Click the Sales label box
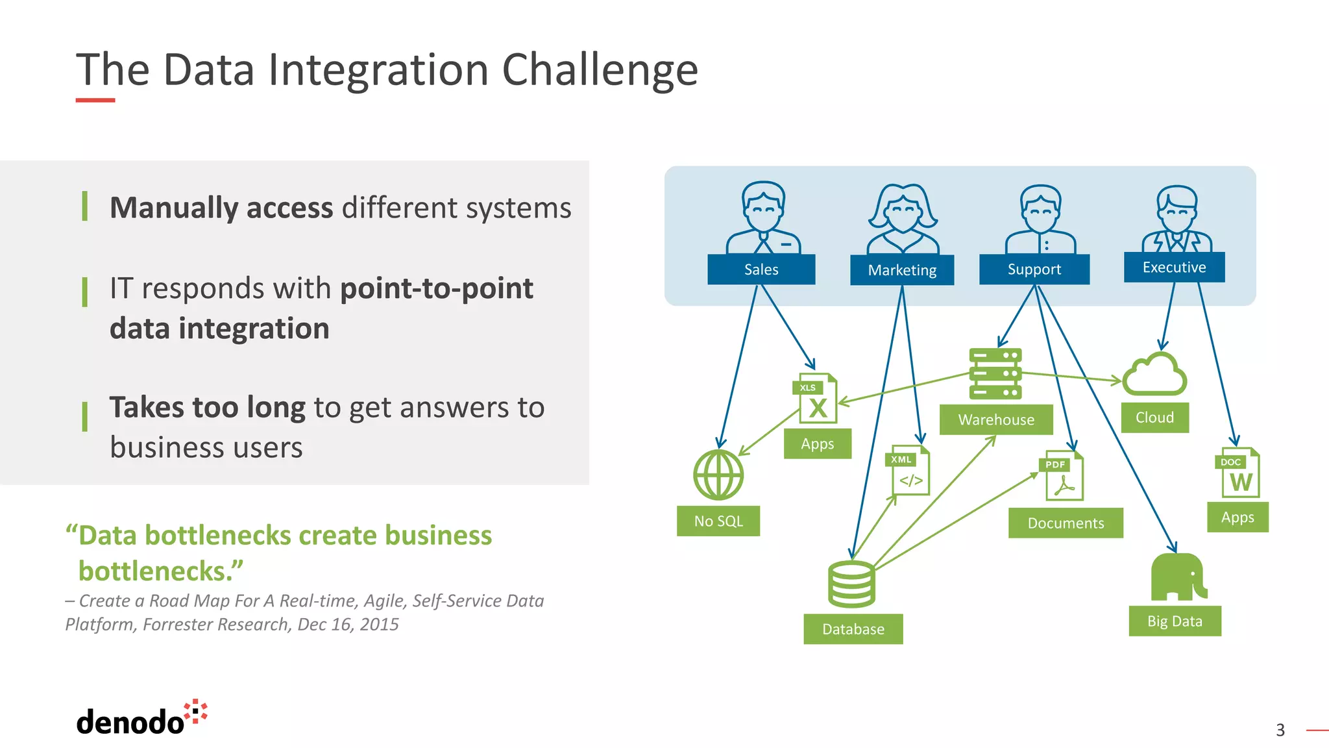761,269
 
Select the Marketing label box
902,270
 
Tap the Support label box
1034,269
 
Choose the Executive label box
1174,268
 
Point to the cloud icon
1154,375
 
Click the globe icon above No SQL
718,475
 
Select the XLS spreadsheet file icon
816,398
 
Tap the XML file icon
908,470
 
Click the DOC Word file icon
1238,473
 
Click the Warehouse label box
996,419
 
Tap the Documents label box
1066,523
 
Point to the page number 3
1280,730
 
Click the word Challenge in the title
600,70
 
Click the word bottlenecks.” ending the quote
160,571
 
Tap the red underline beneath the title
95,100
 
